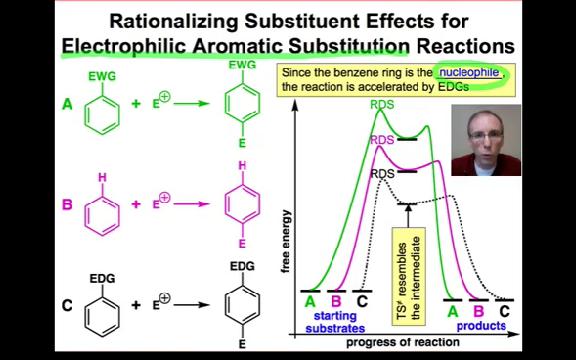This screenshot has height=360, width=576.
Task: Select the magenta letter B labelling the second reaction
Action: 68,205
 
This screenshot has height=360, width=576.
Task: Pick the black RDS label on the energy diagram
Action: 382,174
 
